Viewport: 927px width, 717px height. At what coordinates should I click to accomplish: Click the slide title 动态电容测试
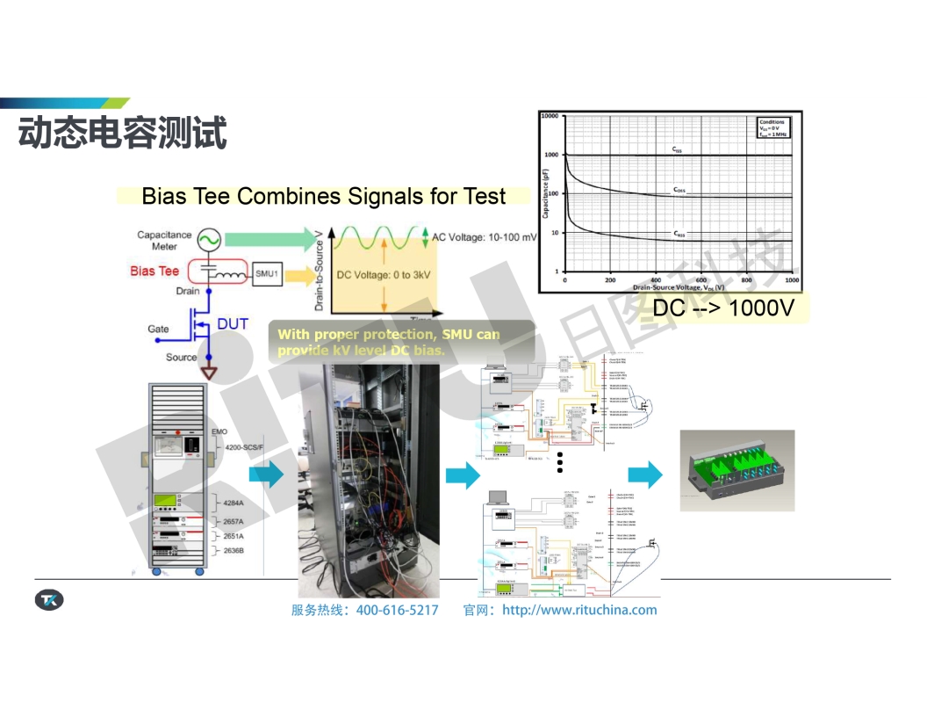coord(123,133)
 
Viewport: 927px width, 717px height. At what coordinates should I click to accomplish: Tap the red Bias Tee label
coord(154,271)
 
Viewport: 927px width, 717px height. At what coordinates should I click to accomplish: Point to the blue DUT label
coord(233,324)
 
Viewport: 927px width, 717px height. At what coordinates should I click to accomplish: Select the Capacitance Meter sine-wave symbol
coord(208,238)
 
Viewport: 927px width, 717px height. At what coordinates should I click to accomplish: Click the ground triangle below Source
coord(209,373)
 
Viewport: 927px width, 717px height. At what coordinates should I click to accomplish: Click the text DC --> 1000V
coord(723,308)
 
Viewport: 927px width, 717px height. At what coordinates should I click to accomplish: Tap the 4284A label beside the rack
coord(234,503)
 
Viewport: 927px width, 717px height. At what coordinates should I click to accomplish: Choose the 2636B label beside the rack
coord(234,550)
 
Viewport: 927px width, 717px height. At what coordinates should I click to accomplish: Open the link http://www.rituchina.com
coord(578,610)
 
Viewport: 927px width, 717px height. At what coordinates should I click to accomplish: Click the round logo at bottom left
coord(48,600)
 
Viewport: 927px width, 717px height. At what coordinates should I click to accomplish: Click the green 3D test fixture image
coord(737,471)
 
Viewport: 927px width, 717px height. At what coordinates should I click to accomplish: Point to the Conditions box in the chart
coord(772,127)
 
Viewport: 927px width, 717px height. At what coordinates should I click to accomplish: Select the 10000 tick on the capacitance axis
coord(550,116)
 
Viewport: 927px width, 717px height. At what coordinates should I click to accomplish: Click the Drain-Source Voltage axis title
coord(679,287)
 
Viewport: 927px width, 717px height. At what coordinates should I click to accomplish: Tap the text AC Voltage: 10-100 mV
coord(484,237)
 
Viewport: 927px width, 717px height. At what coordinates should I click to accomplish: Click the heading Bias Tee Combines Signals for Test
coord(323,196)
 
